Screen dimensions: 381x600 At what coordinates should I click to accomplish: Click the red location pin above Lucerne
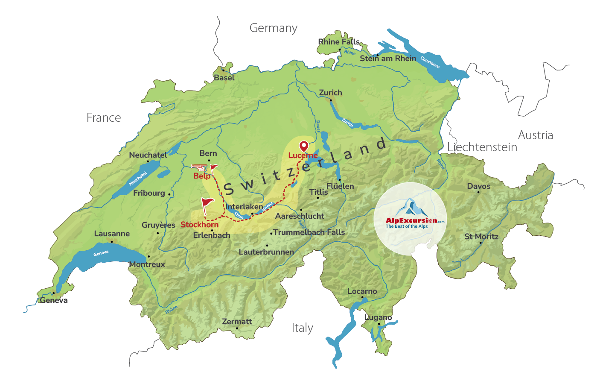coord(303,146)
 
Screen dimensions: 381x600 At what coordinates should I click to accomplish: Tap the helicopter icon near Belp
coord(198,167)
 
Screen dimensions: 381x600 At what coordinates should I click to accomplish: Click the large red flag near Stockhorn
coord(207,203)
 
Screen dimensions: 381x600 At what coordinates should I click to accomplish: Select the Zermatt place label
coord(237,322)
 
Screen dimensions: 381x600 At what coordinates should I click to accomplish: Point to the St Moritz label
coord(481,237)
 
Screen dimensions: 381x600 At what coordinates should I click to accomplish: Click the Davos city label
coord(478,186)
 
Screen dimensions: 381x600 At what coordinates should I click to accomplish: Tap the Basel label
coord(224,78)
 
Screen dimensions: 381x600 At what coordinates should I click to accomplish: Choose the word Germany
coord(273,28)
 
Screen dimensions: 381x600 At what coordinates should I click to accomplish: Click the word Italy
coord(302,328)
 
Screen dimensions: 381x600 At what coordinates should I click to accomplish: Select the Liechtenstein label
coord(482,147)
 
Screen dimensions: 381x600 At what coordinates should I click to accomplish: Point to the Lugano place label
coord(378,317)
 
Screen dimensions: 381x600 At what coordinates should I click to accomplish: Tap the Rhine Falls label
coord(339,42)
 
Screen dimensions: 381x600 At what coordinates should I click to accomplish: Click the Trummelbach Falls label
coord(309,232)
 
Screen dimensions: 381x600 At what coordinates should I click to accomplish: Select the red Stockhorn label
coord(199,225)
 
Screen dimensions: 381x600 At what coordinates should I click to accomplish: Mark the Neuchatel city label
coord(148,155)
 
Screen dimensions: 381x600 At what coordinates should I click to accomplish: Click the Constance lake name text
coord(430,62)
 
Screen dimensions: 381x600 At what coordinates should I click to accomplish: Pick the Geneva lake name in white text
coord(101,253)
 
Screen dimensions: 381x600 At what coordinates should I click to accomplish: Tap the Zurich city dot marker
coord(331,100)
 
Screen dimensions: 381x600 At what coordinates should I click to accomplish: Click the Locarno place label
coord(362,291)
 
